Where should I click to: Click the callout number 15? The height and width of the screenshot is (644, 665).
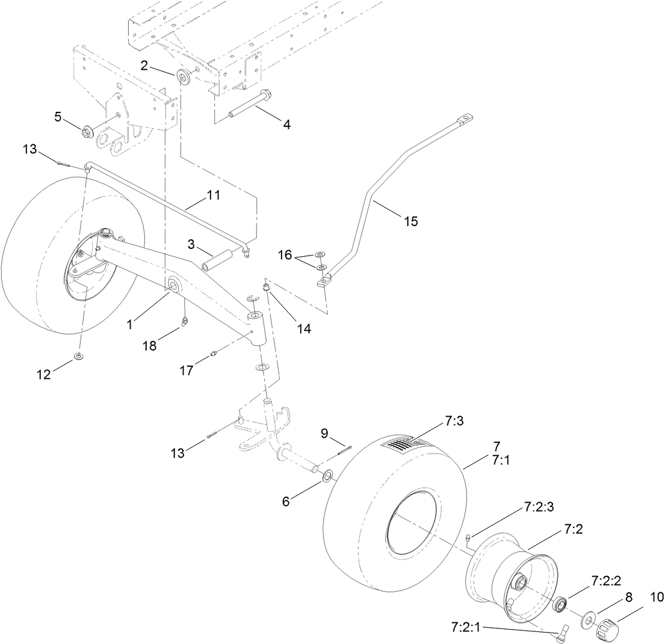pos(410,221)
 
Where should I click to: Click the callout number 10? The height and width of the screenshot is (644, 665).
pos(655,597)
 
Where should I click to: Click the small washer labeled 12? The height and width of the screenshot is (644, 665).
pos(79,358)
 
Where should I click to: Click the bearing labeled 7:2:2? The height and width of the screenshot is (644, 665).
pos(561,604)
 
